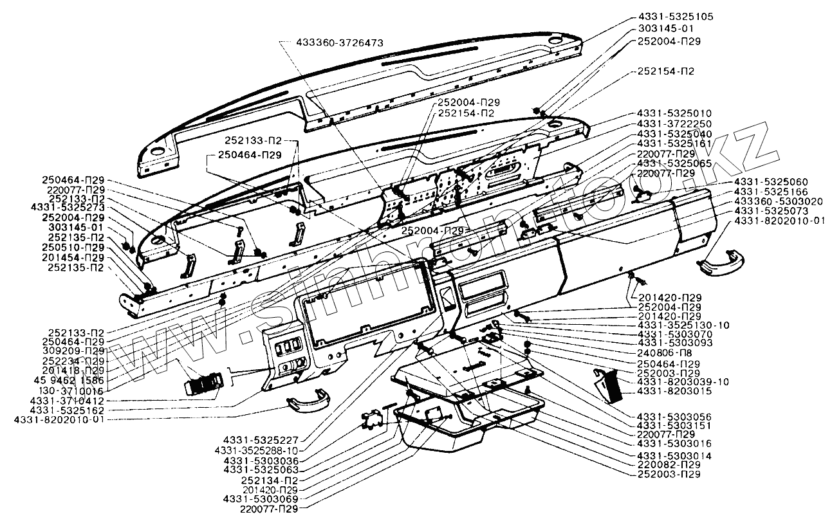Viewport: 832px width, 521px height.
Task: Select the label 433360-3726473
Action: coord(340,42)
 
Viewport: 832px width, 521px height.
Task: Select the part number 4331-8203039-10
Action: coord(683,382)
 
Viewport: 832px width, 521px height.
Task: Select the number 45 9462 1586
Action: coord(69,380)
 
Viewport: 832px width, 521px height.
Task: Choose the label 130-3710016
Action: coord(71,390)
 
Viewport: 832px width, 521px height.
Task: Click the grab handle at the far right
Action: coord(721,263)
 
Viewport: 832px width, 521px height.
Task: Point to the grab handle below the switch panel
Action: coord(308,401)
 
